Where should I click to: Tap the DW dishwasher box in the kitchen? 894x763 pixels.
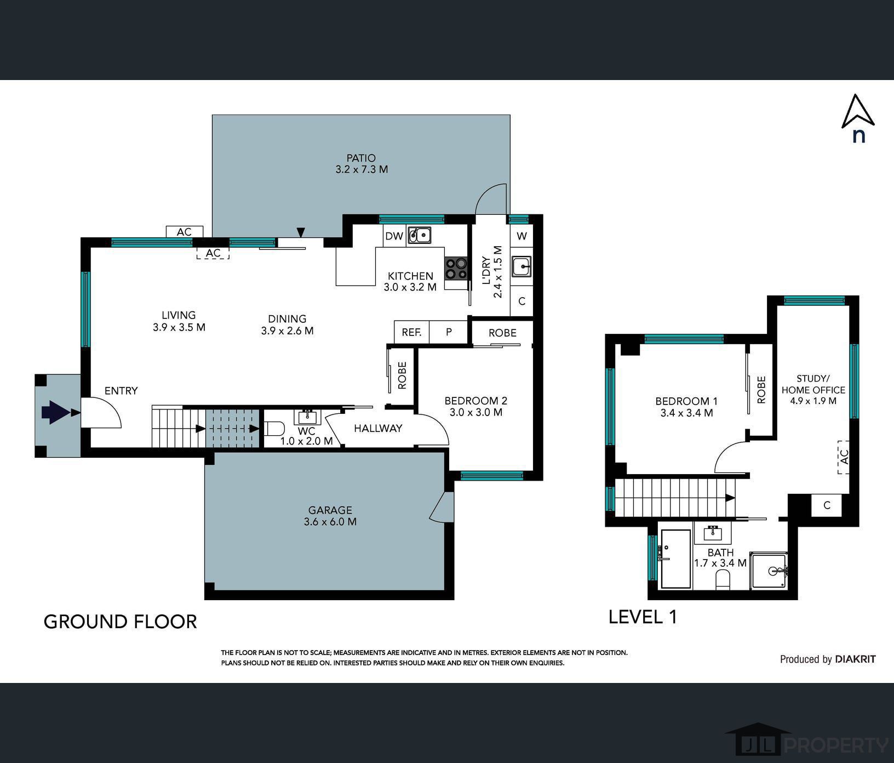click(x=394, y=236)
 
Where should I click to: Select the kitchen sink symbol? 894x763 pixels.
click(x=419, y=236)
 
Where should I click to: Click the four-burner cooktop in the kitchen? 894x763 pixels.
click(x=456, y=269)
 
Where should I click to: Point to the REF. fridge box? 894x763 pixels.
click(x=411, y=332)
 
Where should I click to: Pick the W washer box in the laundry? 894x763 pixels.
click(x=521, y=236)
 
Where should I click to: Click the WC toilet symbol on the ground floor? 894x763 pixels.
click(x=274, y=428)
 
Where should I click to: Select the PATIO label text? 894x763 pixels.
click(x=361, y=158)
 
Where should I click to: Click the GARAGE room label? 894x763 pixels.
click(x=330, y=510)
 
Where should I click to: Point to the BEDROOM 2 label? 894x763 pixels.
click(x=475, y=401)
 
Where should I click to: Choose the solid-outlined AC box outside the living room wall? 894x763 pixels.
click(x=185, y=232)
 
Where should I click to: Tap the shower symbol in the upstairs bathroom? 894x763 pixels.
click(x=769, y=571)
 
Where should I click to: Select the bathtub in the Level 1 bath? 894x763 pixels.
click(x=675, y=559)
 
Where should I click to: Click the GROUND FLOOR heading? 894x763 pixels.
click(x=120, y=622)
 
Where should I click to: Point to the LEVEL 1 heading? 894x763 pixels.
click(x=643, y=617)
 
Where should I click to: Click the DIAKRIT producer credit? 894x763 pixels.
click(x=855, y=659)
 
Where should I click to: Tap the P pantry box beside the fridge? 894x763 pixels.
click(x=449, y=332)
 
